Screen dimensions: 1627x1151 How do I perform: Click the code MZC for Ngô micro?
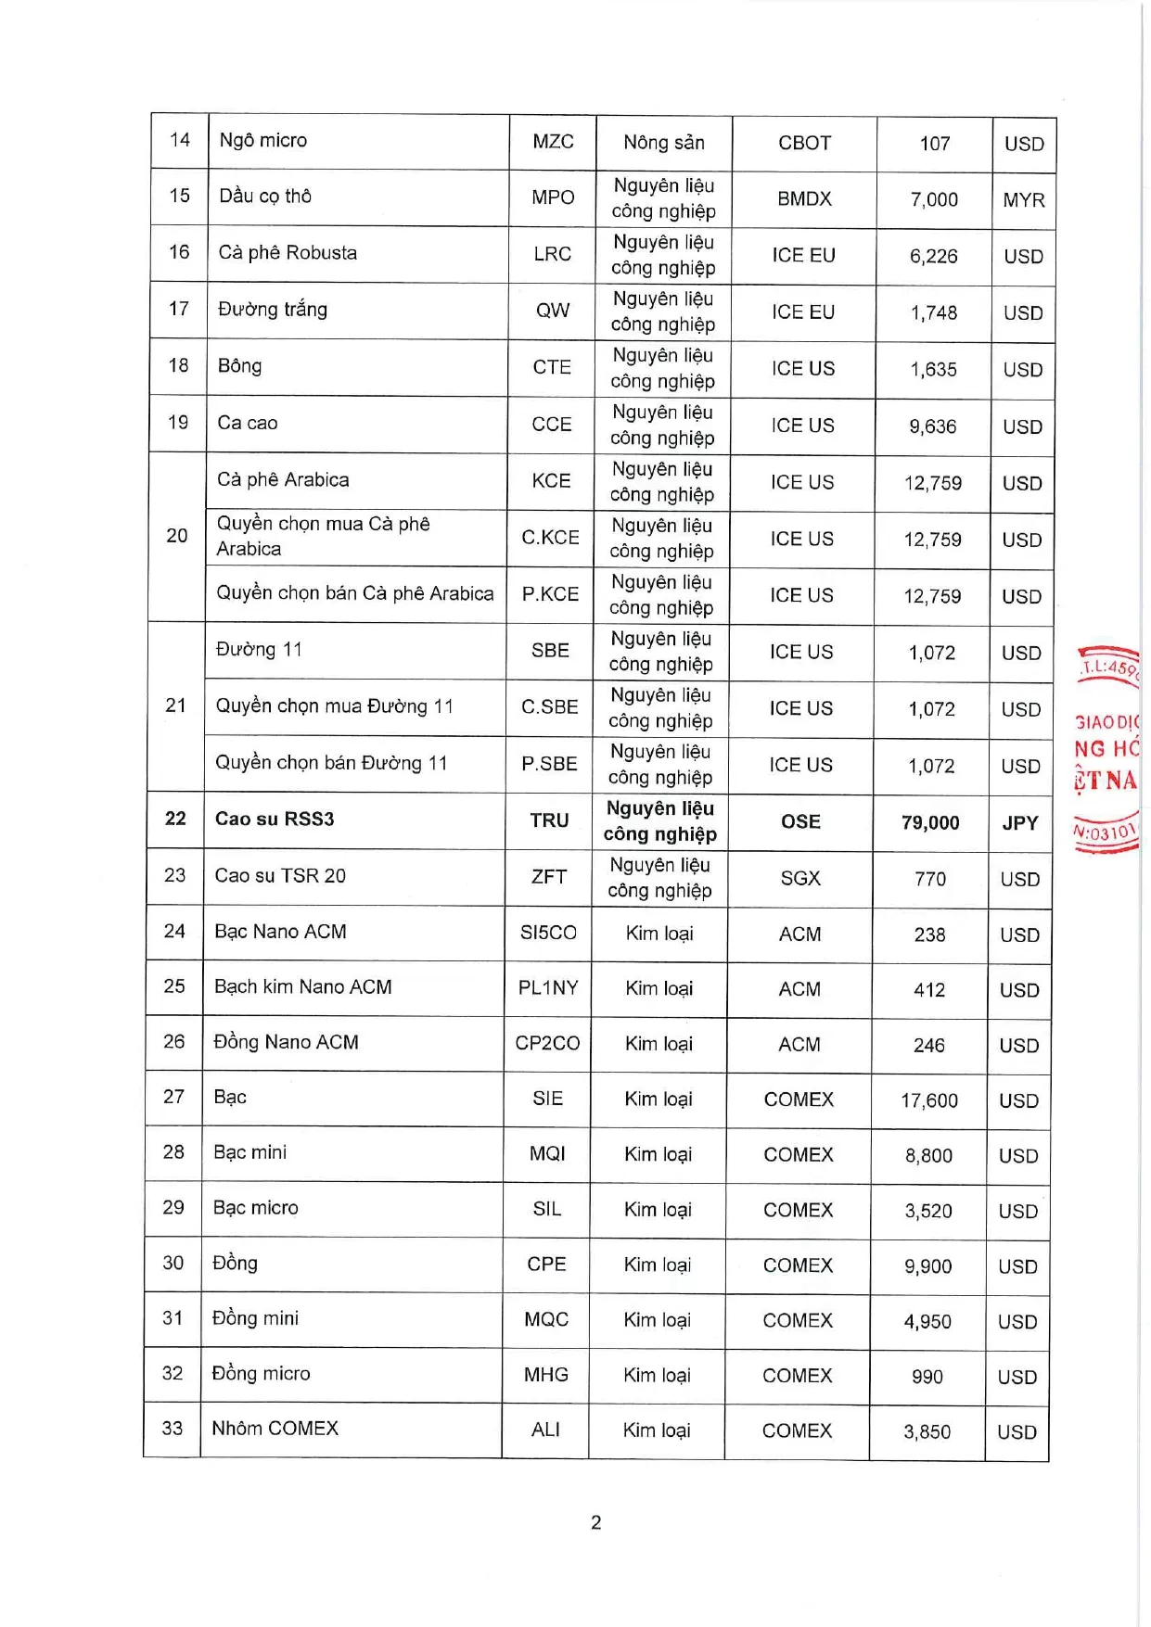coord(553,142)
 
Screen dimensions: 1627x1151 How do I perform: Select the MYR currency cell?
coord(1024,200)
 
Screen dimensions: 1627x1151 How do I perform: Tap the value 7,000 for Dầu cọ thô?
coord(934,199)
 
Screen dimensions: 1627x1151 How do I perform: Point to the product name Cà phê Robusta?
coord(288,253)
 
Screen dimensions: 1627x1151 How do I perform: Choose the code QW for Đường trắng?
coord(553,311)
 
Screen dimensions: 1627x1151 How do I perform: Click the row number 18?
coord(178,365)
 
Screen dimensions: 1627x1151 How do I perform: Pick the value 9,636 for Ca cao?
coord(933,426)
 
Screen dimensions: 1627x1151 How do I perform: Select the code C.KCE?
coord(550,538)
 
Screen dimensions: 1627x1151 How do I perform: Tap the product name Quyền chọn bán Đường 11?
coord(331,763)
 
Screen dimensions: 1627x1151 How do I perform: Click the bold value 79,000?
coord(930,822)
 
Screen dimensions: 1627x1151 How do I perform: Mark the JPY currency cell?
coord(1020,822)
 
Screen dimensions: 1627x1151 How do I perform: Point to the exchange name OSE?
coord(800,821)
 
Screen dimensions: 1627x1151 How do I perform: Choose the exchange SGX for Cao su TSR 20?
coord(800,878)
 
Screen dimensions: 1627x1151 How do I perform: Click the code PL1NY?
coord(548,988)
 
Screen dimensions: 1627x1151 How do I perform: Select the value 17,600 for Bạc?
coord(929,1100)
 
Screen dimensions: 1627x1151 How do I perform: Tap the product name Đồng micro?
coord(261,1374)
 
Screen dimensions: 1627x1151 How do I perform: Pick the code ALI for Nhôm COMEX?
coord(545,1430)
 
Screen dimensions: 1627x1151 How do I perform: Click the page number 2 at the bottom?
coord(595,1522)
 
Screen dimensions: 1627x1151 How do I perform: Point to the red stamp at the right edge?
coord(1107,749)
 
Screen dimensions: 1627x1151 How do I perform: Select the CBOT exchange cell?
coord(804,144)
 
